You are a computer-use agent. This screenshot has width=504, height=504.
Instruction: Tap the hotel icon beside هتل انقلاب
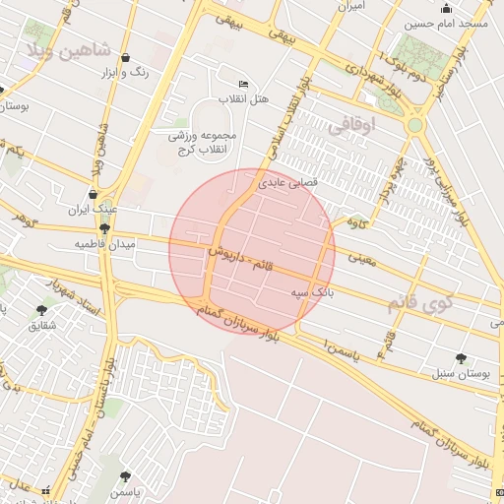[x=243, y=84]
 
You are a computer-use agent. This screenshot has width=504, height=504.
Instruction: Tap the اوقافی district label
[x=351, y=127]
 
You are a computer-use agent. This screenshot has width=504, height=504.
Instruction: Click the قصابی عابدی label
[x=285, y=183]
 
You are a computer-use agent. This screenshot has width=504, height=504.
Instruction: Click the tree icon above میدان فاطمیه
[x=104, y=228]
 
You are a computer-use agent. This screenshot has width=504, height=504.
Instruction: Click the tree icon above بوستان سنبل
[x=461, y=358]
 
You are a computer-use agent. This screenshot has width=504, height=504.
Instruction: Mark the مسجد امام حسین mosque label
[x=448, y=22]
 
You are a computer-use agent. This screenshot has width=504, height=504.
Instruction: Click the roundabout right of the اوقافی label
[x=415, y=125]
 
